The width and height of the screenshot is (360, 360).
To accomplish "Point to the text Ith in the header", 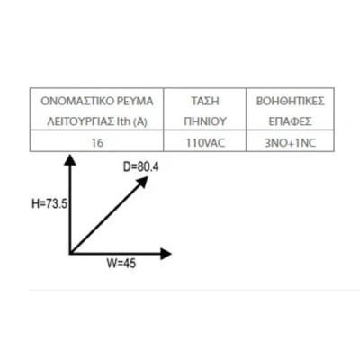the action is pos(123,121).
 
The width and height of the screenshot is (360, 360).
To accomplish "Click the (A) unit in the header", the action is pos(140,121).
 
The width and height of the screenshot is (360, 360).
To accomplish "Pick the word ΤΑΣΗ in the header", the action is pos(205,101).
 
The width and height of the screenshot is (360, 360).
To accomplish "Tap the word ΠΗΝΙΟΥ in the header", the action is pos(205,121).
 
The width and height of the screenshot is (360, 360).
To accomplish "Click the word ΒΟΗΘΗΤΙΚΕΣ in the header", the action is pos(290,101).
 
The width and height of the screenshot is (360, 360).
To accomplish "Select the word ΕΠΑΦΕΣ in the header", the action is pos(290,121).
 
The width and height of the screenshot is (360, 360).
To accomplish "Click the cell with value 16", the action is pos(97,142).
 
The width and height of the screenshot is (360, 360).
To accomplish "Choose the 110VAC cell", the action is pos(205,142).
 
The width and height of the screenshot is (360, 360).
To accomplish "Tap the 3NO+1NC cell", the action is pos(291,142).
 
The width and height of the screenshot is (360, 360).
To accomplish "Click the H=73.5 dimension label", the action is pos(49,204).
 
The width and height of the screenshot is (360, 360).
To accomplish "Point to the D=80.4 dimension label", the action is pos(140,166).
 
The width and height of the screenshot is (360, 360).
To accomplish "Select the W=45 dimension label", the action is pos(121,264).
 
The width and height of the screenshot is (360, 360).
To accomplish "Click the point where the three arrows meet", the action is pos(70,254).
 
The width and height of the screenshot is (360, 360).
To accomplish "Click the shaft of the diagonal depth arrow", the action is pos(106,218).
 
